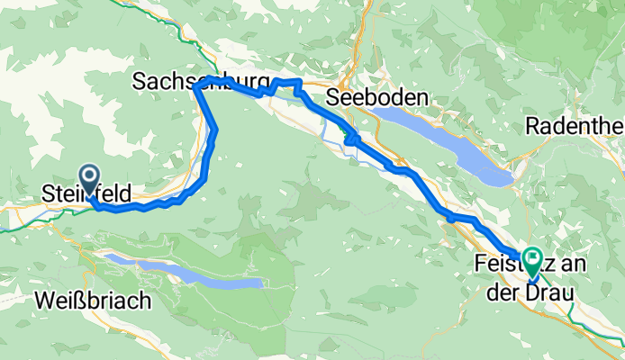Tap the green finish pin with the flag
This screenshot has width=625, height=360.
tap(531, 261)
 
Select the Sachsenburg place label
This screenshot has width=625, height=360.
tap(202, 82)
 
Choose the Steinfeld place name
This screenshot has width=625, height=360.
tap(87, 193)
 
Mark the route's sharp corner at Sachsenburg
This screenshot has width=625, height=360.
tap(195, 87)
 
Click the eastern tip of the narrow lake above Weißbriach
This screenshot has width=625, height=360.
tap(261, 283)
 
